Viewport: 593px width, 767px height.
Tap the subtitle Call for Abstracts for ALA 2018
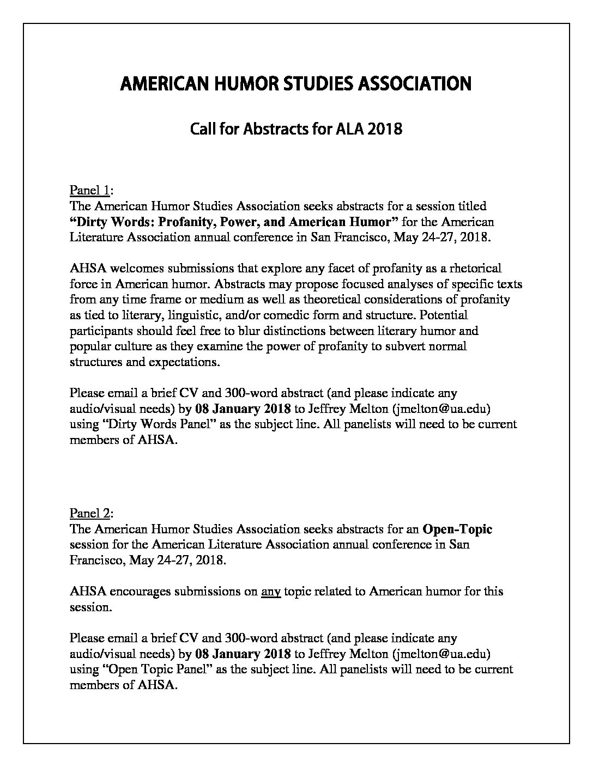[x=296, y=129]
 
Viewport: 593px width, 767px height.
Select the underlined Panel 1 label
[x=90, y=190]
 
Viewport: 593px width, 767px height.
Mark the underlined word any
[x=271, y=591]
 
